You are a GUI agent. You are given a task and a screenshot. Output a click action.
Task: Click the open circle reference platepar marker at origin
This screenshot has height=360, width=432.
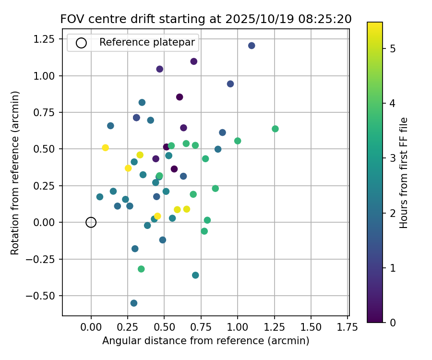(91, 222)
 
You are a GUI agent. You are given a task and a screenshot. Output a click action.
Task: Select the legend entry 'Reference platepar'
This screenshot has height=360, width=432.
(147, 43)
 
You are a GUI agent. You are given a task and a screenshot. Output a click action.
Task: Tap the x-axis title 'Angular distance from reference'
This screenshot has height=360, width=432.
(205, 341)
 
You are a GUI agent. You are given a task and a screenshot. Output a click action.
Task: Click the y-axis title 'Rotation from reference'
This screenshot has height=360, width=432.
(15, 173)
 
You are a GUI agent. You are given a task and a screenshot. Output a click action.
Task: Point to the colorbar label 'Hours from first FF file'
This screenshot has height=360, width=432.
(404, 173)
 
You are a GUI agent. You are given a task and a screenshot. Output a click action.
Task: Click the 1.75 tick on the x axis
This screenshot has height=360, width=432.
(347, 328)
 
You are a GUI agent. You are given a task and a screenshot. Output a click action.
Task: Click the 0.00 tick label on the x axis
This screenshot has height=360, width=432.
(91, 328)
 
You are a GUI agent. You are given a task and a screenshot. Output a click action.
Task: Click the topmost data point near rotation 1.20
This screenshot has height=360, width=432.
(252, 46)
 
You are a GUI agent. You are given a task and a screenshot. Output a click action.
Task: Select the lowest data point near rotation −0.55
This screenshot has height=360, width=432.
(134, 303)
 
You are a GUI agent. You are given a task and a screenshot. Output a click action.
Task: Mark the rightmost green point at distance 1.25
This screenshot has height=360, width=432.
(275, 129)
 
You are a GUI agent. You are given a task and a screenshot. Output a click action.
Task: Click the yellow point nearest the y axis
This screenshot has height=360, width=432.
(105, 148)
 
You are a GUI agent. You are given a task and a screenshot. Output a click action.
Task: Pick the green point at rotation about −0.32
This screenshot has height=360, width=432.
(141, 269)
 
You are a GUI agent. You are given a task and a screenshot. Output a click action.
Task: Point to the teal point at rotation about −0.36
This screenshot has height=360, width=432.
(195, 276)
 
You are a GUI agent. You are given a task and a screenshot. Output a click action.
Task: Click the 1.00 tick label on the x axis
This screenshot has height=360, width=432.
(238, 328)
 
